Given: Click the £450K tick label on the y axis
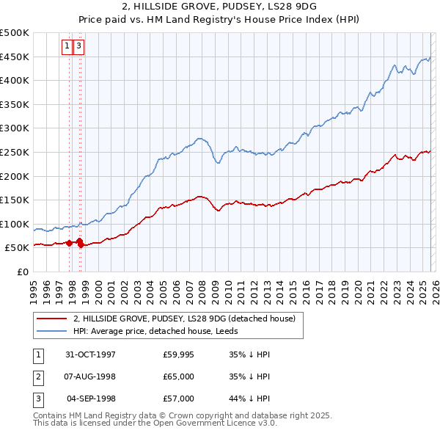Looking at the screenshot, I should [x=15, y=57].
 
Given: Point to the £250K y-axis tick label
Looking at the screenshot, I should [x=15, y=153].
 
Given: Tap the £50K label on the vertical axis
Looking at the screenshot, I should [x=18, y=248].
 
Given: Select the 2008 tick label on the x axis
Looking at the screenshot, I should [x=202, y=287].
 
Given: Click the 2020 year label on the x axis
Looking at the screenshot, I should [x=357, y=287].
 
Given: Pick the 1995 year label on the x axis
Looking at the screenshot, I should [x=33, y=287].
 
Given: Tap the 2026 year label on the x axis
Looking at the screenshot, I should [x=435, y=287].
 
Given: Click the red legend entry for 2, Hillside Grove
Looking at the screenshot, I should [x=184, y=319].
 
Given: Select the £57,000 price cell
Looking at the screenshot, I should [x=178, y=399].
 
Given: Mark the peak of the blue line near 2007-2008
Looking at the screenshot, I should [x=199, y=137].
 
